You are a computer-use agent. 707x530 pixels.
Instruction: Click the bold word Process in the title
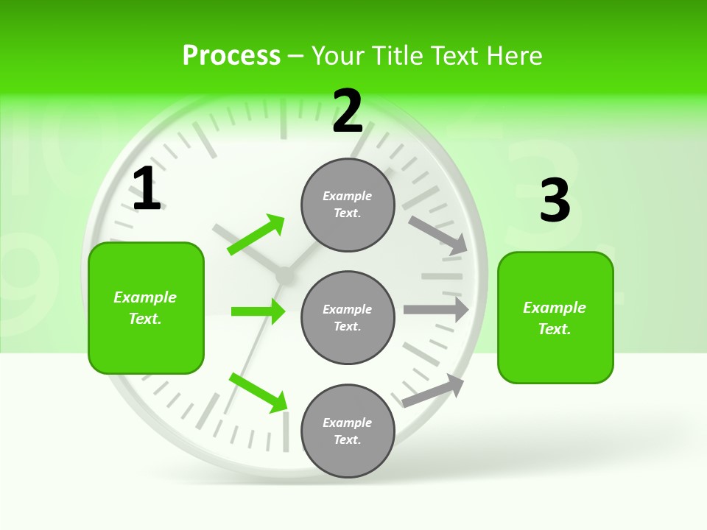pos(231,56)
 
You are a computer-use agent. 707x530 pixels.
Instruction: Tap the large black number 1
pos(147,189)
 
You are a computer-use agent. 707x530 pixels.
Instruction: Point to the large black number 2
pos(348,111)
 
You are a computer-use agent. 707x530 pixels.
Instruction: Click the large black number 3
pos(555,200)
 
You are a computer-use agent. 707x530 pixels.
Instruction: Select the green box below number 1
pos(146,308)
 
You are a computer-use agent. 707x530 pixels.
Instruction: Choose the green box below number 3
pos(555,317)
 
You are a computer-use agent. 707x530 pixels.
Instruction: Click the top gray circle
pos(348,205)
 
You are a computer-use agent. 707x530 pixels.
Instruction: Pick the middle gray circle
pos(348,317)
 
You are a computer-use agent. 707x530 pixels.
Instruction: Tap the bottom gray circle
pos(348,431)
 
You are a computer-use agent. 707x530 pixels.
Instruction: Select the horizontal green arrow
pos(258,311)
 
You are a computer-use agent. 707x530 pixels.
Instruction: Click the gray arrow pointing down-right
pos(438,236)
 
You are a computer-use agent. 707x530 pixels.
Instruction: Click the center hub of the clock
pos(284,275)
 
